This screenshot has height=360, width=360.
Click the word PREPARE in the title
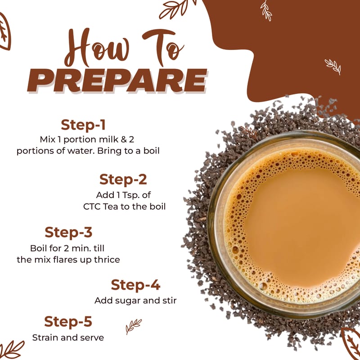pyautogui.click(x=117, y=81)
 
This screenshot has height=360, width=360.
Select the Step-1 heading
pyautogui.click(x=83, y=125)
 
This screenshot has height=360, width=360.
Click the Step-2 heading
pyautogui.click(x=123, y=179)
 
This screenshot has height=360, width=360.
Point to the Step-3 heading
pyautogui.click(x=68, y=232)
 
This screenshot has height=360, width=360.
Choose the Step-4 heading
pyautogui.click(x=135, y=285)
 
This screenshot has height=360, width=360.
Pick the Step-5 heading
pyautogui.click(x=68, y=321)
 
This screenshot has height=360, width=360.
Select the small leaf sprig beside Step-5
pyautogui.click(x=133, y=326)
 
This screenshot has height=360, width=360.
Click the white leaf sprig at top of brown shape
pyautogui.click(x=266, y=10)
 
